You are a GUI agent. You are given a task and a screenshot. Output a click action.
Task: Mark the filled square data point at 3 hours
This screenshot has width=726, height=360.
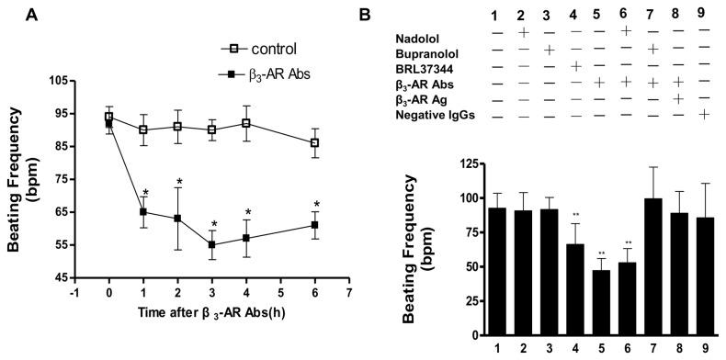[213, 245]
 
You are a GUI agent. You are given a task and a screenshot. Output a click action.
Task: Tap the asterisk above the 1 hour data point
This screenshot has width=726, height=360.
[145, 194]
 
